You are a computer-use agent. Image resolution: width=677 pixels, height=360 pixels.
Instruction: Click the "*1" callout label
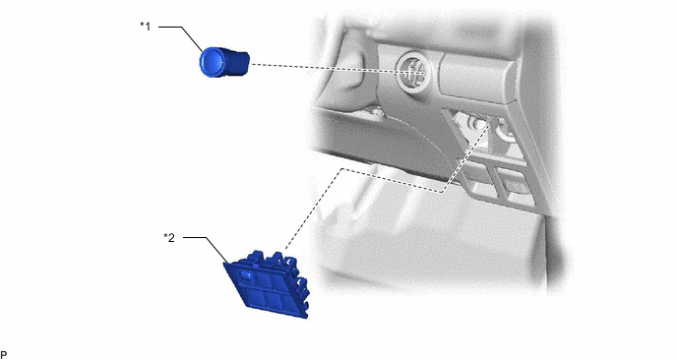[x=146, y=27]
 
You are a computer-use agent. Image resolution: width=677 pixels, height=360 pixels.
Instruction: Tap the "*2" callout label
[x=169, y=237]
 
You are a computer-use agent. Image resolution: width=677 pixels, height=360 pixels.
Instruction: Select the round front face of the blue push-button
[x=212, y=62]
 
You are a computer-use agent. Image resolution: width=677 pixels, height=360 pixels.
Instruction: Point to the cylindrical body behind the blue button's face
[x=236, y=63]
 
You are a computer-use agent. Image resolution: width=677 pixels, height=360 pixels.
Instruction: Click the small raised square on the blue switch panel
[x=246, y=275]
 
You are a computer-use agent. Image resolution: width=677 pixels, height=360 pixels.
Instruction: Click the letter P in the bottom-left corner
[x=4, y=355]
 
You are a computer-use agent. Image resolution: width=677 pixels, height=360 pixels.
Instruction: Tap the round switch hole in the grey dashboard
[x=413, y=71]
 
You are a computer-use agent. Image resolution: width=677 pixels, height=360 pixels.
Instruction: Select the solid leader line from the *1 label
[x=181, y=37]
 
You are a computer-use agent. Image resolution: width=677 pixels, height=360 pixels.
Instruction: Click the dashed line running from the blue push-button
[x=337, y=68]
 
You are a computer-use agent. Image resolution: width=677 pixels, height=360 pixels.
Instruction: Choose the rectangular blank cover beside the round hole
[x=476, y=78]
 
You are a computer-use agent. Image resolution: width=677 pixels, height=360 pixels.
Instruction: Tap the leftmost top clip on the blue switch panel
[x=255, y=256]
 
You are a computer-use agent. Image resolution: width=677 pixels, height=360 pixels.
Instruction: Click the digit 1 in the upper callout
[x=148, y=27]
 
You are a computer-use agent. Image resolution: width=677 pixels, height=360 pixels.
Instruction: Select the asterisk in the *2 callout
[x=165, y=236]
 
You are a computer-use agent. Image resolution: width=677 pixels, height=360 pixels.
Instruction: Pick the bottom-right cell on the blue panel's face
[x=292, y=301]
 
